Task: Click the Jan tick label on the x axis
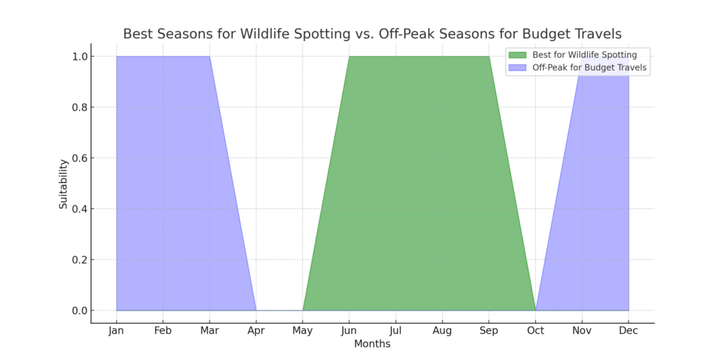point(116,331)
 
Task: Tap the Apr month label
point(256,331)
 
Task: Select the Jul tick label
point(395,331)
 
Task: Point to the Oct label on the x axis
point(535,331)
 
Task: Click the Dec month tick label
point(628,331)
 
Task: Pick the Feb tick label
point(163,331)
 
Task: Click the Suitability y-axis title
point(63,184)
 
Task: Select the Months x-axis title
point(373,345)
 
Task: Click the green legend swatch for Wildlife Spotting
point(518,55)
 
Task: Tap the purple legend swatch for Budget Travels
point(518,68)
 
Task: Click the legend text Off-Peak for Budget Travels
point(589,68)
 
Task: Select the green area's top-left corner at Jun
point(349,57)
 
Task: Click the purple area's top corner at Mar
point(209,57)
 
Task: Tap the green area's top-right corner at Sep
point(489,57)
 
